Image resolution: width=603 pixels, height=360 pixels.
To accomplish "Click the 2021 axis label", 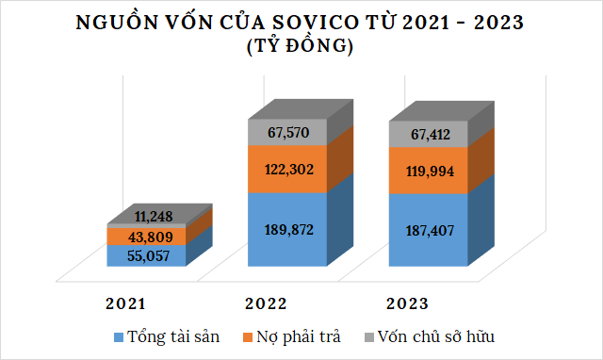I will (126, 303).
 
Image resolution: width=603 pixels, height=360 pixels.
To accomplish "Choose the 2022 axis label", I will (266, 303).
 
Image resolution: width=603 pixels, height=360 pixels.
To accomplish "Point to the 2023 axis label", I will (407, 303).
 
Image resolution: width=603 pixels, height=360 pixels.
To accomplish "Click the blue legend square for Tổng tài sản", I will (118, 336).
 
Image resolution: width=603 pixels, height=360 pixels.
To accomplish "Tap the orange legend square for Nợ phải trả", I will (249, 336).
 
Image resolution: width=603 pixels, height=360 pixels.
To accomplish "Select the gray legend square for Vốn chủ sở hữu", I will (369, 336).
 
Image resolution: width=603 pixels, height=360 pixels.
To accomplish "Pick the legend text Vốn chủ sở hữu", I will (434, 335).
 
